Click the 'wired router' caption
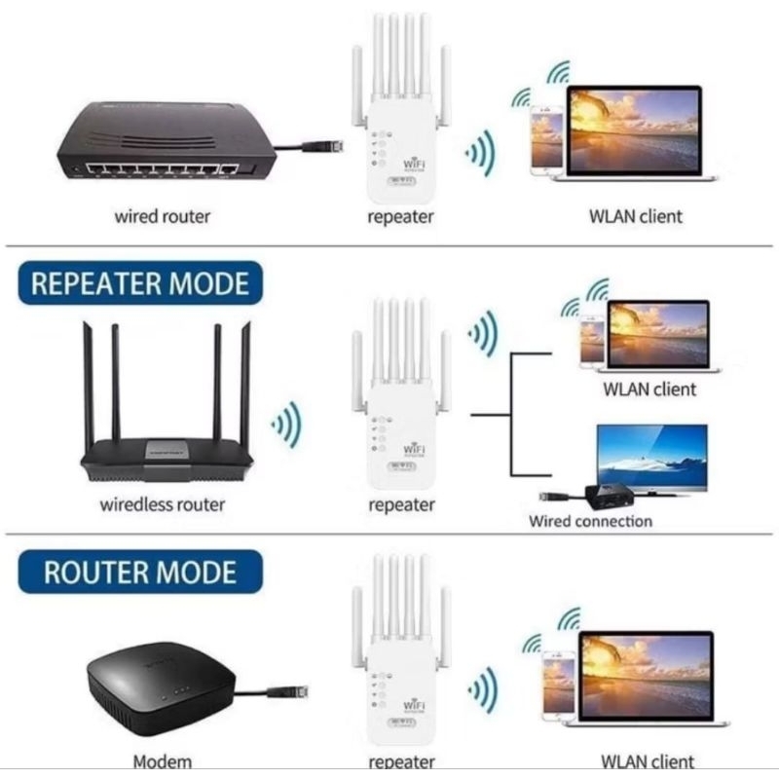(163, 216)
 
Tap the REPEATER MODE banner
(139, 283)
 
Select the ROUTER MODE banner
(139, 572)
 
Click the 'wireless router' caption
(162, 504)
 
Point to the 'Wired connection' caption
(590, 521)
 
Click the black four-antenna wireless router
(167, 428)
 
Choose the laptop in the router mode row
(647, 678)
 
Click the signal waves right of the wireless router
(286, 425)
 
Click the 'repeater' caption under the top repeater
(400, 216)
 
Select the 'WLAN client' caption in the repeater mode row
(649, 389)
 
